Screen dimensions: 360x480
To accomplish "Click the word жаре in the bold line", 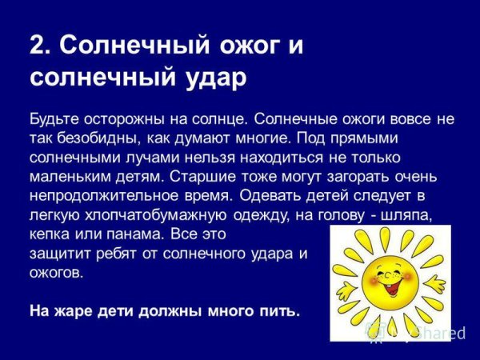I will [x=68, y=310].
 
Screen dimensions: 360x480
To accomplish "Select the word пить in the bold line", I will [x=282, y=310].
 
